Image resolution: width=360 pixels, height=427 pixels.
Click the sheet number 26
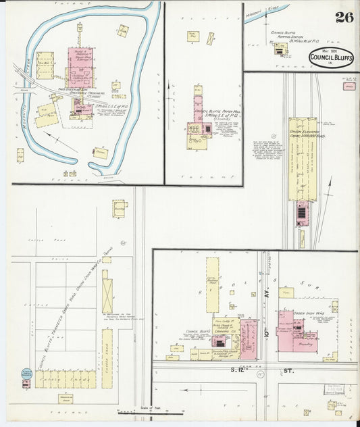[x=344, y=17]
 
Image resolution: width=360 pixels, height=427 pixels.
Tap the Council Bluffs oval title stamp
[x=331, y=59]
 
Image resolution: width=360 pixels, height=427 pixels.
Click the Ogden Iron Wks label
[x=298, y=313]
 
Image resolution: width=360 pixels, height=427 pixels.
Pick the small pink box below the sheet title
[x=349, y=86]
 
